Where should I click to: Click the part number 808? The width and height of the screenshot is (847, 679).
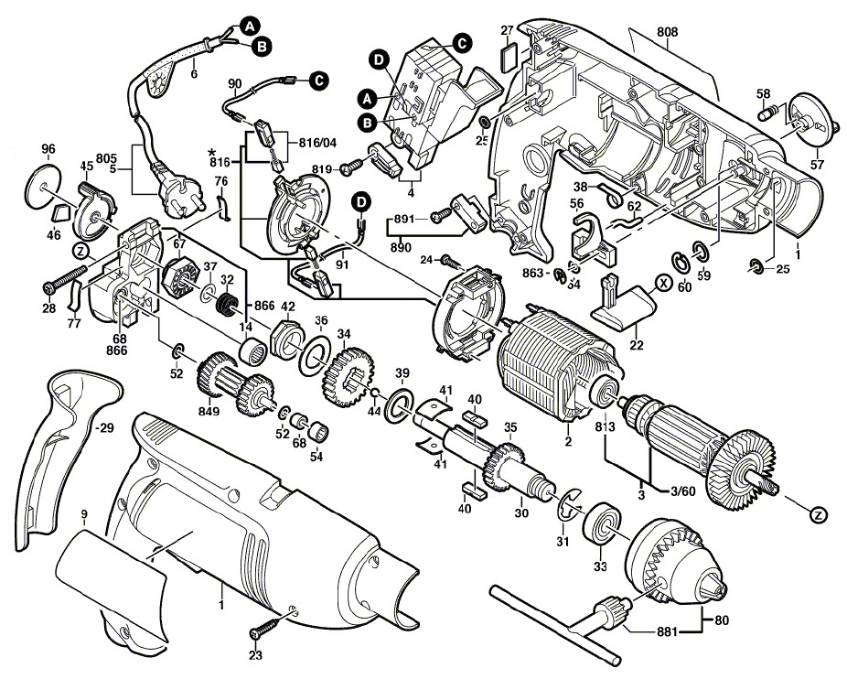click(667, 32)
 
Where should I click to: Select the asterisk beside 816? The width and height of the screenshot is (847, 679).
click(212, 149)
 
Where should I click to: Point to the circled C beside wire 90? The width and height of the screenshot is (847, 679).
click(318, 81)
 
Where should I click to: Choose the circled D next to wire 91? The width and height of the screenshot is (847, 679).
click(361, 199)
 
